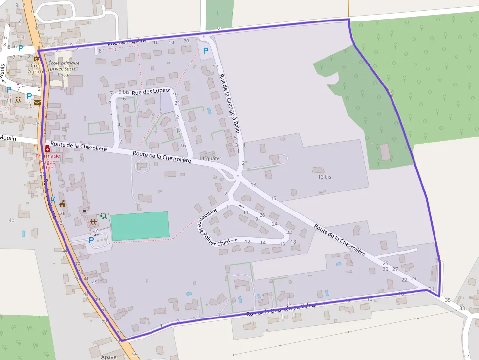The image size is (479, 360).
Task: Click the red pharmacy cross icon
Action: pyautogui.click(x=47, y=148)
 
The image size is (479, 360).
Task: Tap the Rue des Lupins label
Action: pyautogui.click(x=151, y=91)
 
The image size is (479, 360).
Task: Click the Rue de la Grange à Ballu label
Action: pyautogui.click(x=230, y=104)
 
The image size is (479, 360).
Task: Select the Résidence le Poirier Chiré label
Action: pyautogui.click(x=201, y=224)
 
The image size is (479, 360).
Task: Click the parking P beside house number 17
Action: pyautogui.click(x=206, y=50)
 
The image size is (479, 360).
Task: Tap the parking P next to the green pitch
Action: pyautogui.click(x=91, y=240)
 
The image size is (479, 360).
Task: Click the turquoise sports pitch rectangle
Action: pyautogui.click(x=140, y=226)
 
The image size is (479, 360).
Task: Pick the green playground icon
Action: pyautogui.click(x=103, y=215)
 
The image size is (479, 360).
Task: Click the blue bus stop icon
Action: pyautogui.click(x=53, y=199)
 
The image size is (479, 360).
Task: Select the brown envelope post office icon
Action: pyautogui.click(x=37, y=103)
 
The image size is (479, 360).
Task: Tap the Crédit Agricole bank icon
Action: pyautogui.click(x=37, y=59)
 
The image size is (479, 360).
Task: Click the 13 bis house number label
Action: pyautogui.click(x=325, y=177)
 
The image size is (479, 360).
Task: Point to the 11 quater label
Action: pyautogui.click(x=210, y=158)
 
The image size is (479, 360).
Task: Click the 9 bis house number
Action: pyautogui.click(x=124, y=92)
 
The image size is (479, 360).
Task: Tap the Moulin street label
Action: pyautogui.click(x=8, y=139)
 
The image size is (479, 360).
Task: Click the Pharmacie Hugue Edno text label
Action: pyautogui.click(x=47, y=162)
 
